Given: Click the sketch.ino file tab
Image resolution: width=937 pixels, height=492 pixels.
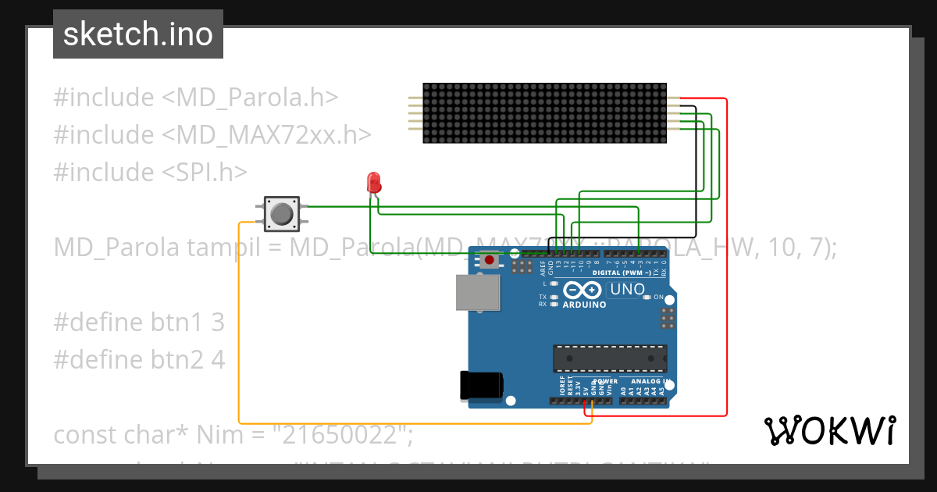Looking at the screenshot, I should click(x=138, y=34).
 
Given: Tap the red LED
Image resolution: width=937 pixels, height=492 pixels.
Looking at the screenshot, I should click(x=374, y=182).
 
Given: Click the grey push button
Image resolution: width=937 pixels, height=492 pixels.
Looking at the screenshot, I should click(x=281, y=213).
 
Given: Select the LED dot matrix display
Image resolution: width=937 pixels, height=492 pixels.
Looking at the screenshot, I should click(x=544, y=113).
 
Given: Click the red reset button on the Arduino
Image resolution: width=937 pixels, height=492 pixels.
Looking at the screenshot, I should click(x=490, y=259).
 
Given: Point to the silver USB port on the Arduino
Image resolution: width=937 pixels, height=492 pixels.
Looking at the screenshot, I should click(x=478, y=293).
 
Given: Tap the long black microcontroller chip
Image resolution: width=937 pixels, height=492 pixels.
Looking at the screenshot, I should click(x=610, y=358).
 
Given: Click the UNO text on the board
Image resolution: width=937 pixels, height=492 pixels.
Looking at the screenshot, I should click(x=627, y=290).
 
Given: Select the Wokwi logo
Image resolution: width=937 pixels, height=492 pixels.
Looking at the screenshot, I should click(x=829, y=430).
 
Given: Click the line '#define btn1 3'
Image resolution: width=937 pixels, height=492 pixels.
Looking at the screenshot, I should click(x=139, y=322).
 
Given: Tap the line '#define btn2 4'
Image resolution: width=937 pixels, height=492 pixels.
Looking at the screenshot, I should click(x=139, y=359).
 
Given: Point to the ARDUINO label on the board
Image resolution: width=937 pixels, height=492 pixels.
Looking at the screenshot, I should click(x=583, y=305).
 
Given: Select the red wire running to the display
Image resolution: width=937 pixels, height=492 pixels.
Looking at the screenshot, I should click(x=726, y=258).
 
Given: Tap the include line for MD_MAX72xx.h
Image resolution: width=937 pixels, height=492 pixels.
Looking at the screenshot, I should click(x=212, y=134).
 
